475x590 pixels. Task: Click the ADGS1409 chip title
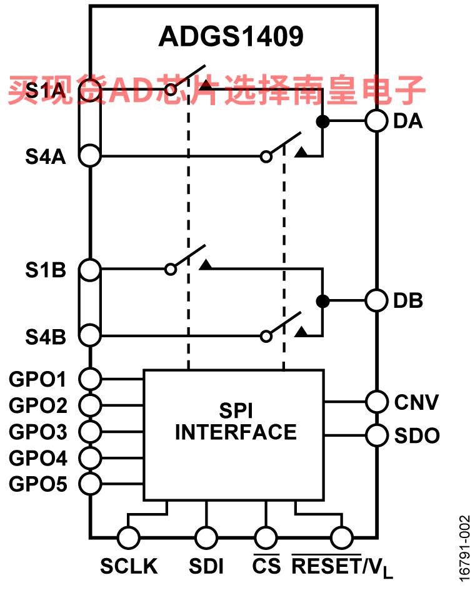click(231, 36)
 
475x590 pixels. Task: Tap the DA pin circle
click(376, 121)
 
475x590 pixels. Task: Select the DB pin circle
click(376, 300)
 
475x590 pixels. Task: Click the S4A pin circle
click(90, 155)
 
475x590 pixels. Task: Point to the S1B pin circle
click(90, 270)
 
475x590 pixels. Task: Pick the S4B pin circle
click(90, 335)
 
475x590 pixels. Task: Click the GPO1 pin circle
click(90, 379)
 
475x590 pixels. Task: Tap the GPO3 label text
click(38, 432)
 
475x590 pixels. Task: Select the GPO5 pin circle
click(90, 484)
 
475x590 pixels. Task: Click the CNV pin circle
click(376, 402)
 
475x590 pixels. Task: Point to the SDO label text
click(417, 435)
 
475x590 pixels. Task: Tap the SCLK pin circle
click(129, 537)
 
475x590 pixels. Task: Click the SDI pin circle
click(206, 537)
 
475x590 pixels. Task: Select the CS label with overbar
click(266, 564)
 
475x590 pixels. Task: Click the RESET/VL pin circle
click(341, 537)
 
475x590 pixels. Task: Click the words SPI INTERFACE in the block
click(236, 421)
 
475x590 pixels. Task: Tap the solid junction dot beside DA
click(322, 121)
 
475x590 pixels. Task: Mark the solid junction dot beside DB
click(322, 301)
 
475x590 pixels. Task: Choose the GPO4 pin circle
click(90, 458)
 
